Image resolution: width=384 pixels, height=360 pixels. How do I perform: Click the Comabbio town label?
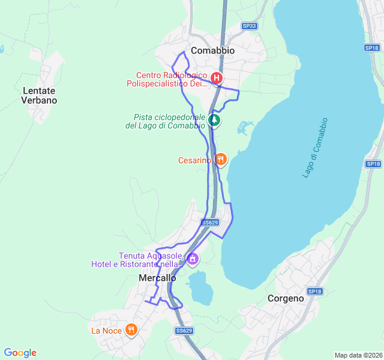212,51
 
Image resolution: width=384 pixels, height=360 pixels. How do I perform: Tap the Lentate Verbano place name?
39,95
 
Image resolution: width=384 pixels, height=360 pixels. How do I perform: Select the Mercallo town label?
157,278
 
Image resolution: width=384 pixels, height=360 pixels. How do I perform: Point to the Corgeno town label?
286,298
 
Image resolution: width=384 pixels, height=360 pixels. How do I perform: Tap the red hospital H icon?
217,78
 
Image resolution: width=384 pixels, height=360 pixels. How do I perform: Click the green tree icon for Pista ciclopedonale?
214,121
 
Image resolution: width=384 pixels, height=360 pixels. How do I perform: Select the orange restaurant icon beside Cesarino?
221,160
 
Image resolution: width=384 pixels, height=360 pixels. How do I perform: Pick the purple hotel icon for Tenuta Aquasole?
193,259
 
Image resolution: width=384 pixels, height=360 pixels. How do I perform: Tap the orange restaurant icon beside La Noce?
131,330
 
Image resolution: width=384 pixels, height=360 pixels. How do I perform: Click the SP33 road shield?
249,26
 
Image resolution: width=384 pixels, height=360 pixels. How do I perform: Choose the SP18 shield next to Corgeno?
314,292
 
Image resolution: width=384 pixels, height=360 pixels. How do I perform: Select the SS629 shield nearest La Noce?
184,331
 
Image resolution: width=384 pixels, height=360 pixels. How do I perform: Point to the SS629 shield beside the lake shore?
209,222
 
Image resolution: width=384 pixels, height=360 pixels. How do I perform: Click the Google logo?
20,353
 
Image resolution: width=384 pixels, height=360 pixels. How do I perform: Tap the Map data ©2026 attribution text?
358,355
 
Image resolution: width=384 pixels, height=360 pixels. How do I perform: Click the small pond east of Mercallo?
200,287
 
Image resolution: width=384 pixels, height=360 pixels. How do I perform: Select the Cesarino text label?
194,160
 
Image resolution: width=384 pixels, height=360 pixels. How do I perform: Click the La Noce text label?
106,331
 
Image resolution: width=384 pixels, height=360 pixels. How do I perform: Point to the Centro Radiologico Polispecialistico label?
167,80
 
